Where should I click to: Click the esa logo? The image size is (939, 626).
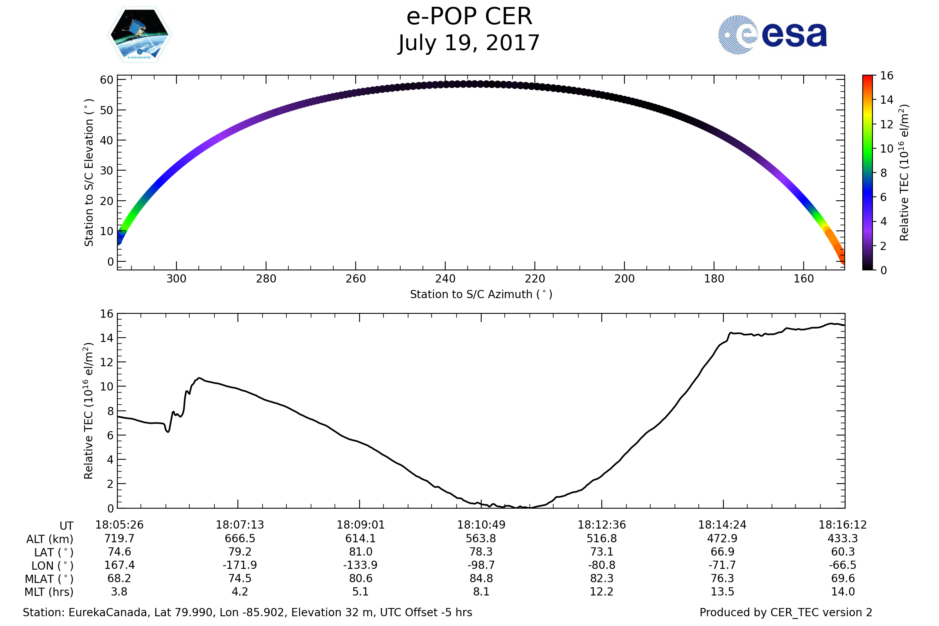coord(772,35)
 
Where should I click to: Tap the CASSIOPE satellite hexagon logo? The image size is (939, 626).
coord(139,35)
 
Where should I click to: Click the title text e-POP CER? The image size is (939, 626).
coord(469,17)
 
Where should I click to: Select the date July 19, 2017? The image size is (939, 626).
coord(469,43)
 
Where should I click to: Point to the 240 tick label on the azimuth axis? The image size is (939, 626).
coord(445,279)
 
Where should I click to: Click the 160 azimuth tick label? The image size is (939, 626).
coord(803,279)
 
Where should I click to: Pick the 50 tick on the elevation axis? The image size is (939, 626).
coord(106,110)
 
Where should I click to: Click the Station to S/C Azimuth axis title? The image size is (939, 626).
coord(481,295)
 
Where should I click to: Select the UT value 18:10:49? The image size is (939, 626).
coord(481,525)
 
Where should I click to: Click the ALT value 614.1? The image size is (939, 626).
coord(360,539)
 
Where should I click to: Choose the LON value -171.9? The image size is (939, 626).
coord(240,565)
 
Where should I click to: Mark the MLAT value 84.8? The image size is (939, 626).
coord(481,579)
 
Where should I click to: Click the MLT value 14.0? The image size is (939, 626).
coord(843,592)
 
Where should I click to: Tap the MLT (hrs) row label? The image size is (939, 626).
coord(49,592)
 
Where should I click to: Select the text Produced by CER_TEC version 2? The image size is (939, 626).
coord(786,612)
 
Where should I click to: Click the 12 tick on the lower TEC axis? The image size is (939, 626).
coord(106,362)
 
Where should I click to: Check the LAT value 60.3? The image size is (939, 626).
coord(843,552)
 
